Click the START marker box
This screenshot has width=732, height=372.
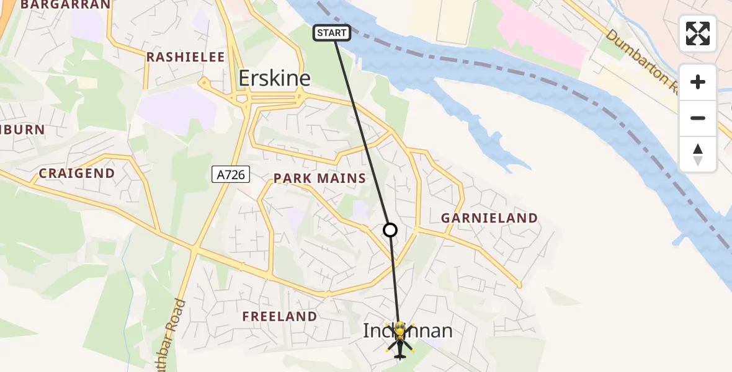[333, 33]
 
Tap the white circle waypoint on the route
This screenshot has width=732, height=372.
[390, 230]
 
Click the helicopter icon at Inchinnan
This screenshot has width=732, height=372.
[399, 340]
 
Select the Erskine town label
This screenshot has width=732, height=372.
[275, 78]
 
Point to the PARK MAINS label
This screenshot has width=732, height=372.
[319, 179]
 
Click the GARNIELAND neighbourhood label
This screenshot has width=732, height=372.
[489, 218]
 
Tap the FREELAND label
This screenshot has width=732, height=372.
[279, 316]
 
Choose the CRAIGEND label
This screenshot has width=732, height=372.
[77, 174]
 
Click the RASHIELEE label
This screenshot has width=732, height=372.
[185, 57]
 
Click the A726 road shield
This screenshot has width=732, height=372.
[230, 175]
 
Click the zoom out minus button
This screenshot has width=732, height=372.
[698, 118]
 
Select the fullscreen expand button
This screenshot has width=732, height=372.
[698, 33]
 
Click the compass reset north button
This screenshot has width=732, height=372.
[698, 154]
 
